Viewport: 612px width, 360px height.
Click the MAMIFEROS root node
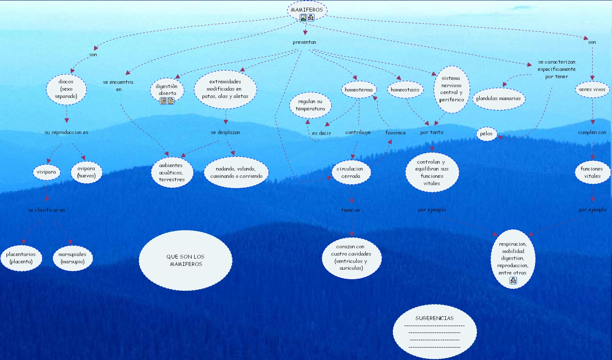[x=307, y=9]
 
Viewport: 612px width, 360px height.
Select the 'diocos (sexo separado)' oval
[x=66, y=89]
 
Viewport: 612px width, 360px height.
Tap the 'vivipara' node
[x=46, y=172]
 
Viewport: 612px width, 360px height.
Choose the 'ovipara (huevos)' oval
[x=86, y=172]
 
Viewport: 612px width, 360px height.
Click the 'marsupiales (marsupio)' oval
[x=72, y=258]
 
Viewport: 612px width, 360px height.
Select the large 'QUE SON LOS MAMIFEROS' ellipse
[x=186, y=260]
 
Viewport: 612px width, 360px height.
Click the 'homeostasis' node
[x=405, y=90]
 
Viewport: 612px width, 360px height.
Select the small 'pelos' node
[x=487, y=134]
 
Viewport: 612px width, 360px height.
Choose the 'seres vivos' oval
[x=592, y=90]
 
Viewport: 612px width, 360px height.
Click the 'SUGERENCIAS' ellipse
[x=435, y=332]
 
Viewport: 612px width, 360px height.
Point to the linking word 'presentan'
[x=304, y=42]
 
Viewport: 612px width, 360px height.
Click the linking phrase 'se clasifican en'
[x=47, y=210]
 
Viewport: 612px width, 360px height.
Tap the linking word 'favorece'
[x=395, y=133]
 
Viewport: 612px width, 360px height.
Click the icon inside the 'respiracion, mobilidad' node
[x=513, y=281]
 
